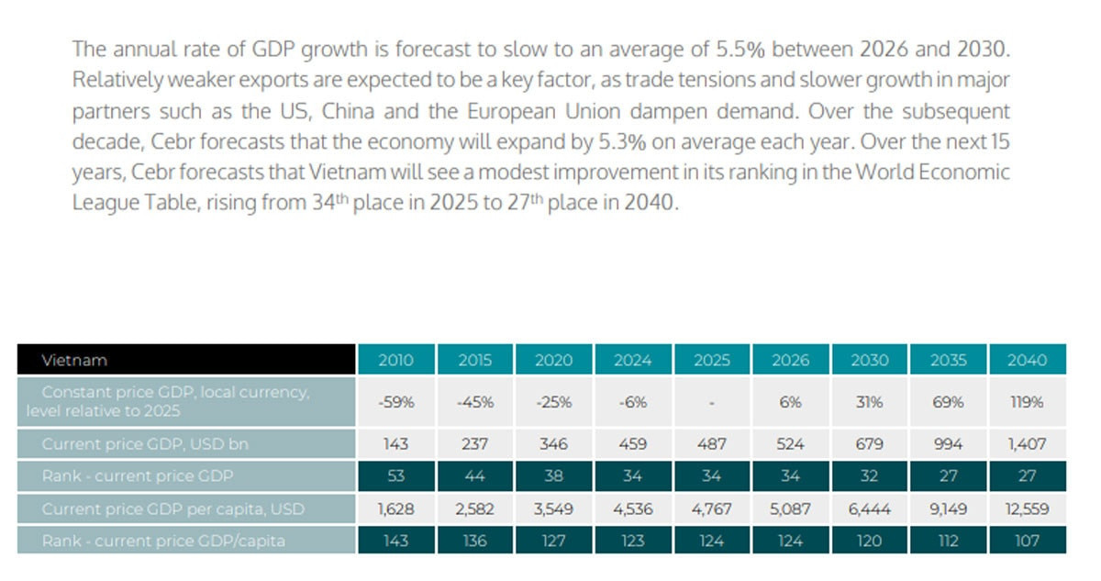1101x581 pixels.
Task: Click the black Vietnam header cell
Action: pos(186,360)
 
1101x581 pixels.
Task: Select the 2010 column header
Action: pos(395,360)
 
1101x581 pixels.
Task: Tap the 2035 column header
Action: pos(948,360)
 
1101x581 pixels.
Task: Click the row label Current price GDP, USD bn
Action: pos(186,444)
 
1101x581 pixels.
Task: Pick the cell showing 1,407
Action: pos(1027,444)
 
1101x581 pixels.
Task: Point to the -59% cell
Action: pos(395,402)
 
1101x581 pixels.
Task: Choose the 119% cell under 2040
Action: pos(1027,402)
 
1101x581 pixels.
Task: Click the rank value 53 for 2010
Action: pos(395,475)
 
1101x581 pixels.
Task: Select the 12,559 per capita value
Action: pos(1027,508)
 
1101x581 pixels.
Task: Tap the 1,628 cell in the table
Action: pos(395,508)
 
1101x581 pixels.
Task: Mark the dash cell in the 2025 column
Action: pos(711,403)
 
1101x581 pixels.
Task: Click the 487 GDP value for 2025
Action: pos(711,444)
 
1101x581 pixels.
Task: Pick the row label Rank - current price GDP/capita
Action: pos(186,541)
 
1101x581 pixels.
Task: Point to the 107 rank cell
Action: pos(1027,541)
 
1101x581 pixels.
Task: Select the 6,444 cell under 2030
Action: pos(869,508)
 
